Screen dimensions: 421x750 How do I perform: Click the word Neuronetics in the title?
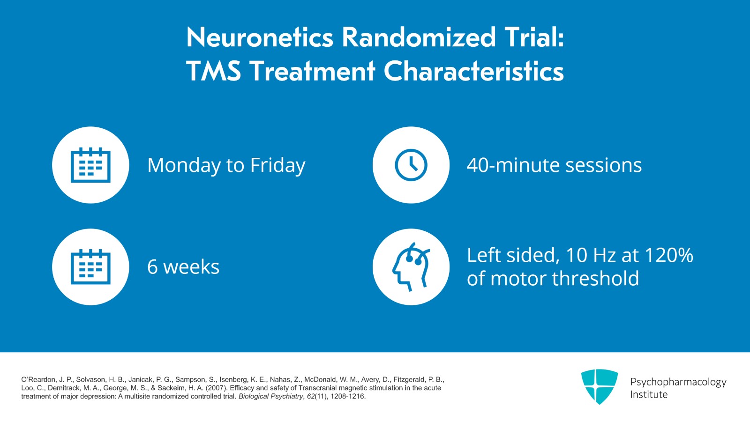tap(260, 37)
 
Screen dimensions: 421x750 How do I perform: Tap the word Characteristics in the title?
tap(473, 72)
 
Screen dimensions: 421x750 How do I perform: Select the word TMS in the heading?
tap(213, 72)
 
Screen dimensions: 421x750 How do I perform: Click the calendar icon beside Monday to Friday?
tap(90, 165)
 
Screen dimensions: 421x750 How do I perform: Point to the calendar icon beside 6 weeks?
tap(90, 267)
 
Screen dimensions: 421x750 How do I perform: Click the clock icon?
tap(411, 165)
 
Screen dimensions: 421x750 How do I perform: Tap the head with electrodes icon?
tap(411, 267)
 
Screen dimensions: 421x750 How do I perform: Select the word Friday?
tap(277, 165)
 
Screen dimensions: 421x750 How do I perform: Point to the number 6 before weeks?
tap(152, 267)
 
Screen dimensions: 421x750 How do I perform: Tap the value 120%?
tap(668, 256)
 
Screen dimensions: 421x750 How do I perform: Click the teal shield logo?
tap(599, 386)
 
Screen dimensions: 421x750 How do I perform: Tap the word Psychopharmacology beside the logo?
tap(678, 382)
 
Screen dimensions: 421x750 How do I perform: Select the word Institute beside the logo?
tap(649, 395)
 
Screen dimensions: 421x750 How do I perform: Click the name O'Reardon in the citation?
tap(39, 380)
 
